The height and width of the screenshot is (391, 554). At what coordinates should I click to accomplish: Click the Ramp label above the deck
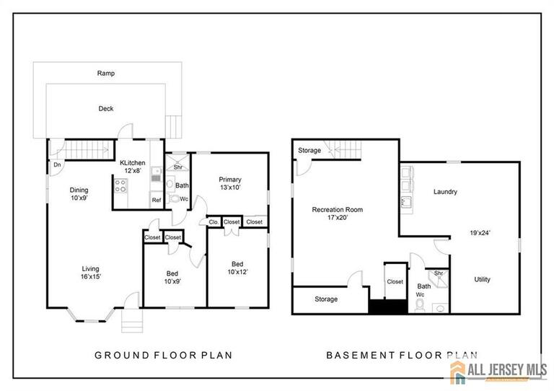click(106, 73)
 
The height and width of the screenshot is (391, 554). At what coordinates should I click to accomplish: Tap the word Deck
click(106, 109)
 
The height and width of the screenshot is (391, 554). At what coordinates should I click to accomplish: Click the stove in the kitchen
click(121, 185)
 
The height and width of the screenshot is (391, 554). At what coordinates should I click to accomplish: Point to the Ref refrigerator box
click(156, 200)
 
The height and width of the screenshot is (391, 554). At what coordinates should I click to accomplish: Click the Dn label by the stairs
click(56, 164)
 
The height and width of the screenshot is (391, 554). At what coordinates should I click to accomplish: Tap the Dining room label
click(80, 190)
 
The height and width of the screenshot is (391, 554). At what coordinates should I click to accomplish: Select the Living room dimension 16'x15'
click(90, 276)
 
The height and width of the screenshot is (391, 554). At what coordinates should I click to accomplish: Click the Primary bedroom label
click(231, 180)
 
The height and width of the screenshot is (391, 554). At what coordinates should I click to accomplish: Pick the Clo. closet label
click(214, 222)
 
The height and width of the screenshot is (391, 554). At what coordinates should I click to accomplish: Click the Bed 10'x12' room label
click(237, 268)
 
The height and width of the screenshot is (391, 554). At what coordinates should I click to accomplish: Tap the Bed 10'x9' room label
click(173, 277)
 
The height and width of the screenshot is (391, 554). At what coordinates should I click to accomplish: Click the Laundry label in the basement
click(445, 192)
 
